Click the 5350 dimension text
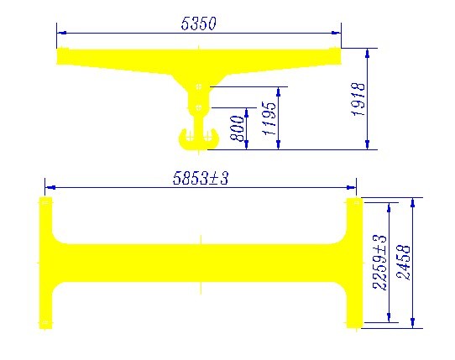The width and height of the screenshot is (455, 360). [199, 23]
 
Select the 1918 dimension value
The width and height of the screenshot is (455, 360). [358, 99]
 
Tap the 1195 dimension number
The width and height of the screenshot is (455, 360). [269, 118]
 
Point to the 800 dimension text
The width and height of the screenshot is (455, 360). [237, 128]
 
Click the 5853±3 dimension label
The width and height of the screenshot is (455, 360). [201, 178]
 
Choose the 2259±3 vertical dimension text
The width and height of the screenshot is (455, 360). [379, 263]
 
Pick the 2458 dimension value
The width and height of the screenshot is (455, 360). [404, 263]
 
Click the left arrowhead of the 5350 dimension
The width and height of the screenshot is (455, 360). [62, 33]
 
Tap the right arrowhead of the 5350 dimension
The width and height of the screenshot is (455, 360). [336, 33]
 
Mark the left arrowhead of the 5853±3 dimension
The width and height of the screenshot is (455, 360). [50, 188]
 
